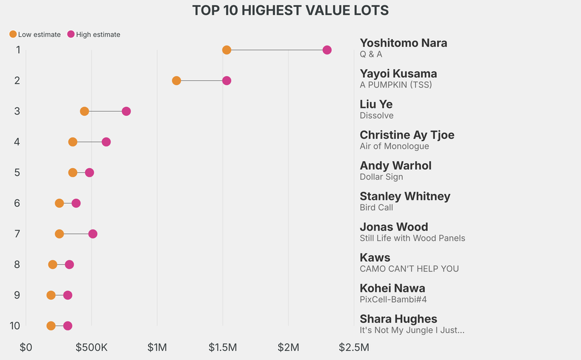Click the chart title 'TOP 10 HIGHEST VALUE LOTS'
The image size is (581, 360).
click(x=290, y=10)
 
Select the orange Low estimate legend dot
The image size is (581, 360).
click(x=13, y=34)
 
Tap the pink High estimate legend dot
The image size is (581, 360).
click(x=71, y=34)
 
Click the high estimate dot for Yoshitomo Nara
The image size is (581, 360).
click(x=327, y=50)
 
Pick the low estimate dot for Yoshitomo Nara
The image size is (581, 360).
click(x=227, y=50)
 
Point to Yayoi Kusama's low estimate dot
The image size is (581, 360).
click(x=176, y=81)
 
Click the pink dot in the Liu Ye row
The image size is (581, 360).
click(x=127, y=111)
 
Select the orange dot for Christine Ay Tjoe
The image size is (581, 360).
click(x=73, y=142)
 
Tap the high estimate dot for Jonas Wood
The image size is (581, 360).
click(x=92, y=234)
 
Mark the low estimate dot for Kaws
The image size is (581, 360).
click(x=53, y=265)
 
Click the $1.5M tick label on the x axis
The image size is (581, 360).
click(x=222, y=348)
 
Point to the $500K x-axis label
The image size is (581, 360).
click(x=91, y=348)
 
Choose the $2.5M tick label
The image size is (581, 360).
click(x=354, y=348)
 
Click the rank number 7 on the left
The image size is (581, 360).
click(x=17, y=234)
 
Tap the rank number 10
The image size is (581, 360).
click(x=15, y=326)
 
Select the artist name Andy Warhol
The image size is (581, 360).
click(x=395, y=165)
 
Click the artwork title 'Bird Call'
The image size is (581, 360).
click(x=376, y=207)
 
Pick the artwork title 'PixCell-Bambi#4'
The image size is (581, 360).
click(x=393, y=299)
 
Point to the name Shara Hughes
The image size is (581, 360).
click(x=398, y=319)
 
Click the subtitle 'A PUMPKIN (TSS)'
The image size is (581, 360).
click(x=395, y=85)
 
